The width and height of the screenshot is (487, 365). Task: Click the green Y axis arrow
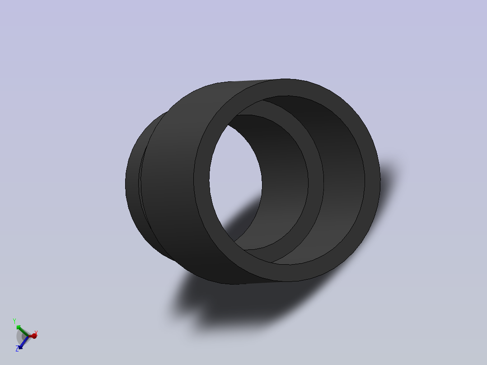pos(18,326)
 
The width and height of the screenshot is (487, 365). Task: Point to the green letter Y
pos(14,321)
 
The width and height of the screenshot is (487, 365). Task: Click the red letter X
pos(36,333)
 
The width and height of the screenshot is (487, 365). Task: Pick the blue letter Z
pos(17,349)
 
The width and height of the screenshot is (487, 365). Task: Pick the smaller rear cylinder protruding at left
pos(132,185)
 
